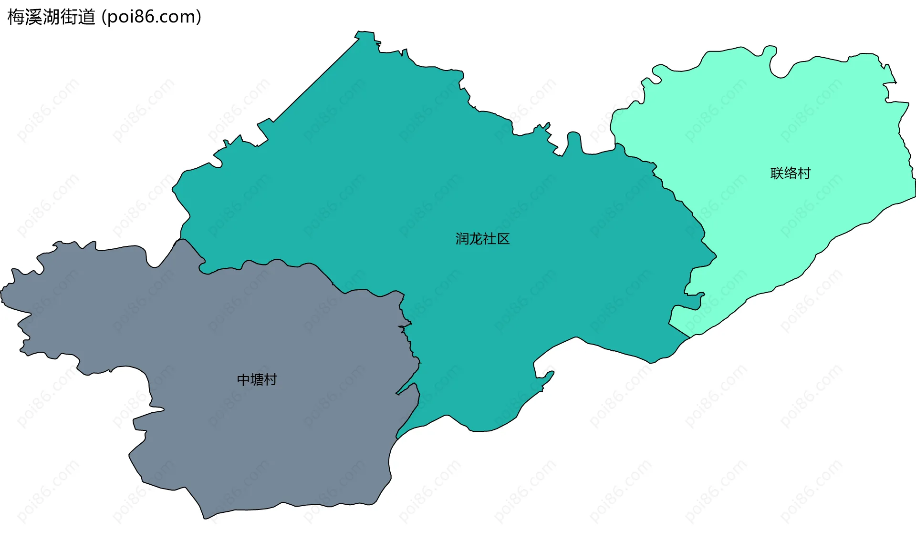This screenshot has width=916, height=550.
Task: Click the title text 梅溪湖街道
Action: point(52,17)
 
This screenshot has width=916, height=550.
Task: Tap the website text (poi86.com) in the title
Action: point(151,17)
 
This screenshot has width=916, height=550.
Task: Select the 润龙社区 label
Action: point(482,239)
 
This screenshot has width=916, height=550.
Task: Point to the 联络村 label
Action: point(791,173)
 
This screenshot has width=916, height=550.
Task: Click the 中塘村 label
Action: point(257,380)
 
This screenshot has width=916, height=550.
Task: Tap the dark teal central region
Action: point(429,181)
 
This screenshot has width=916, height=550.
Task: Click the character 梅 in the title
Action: point(16,17)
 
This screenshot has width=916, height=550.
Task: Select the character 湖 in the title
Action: point(52,17)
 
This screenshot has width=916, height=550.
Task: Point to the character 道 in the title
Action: point(87,17)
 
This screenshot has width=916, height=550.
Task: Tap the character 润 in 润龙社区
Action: point(462,239)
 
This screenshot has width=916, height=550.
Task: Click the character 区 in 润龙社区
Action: point(503,239)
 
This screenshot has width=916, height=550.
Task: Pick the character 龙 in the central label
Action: point(476,239)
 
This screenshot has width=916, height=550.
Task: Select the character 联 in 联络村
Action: point(777,173)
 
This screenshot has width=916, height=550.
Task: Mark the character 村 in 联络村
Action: point(804,173)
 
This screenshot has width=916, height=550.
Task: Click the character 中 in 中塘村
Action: point(243,380)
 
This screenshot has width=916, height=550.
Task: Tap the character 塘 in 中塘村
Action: point(257,380)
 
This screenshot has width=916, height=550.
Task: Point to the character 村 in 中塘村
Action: point(271,380)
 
